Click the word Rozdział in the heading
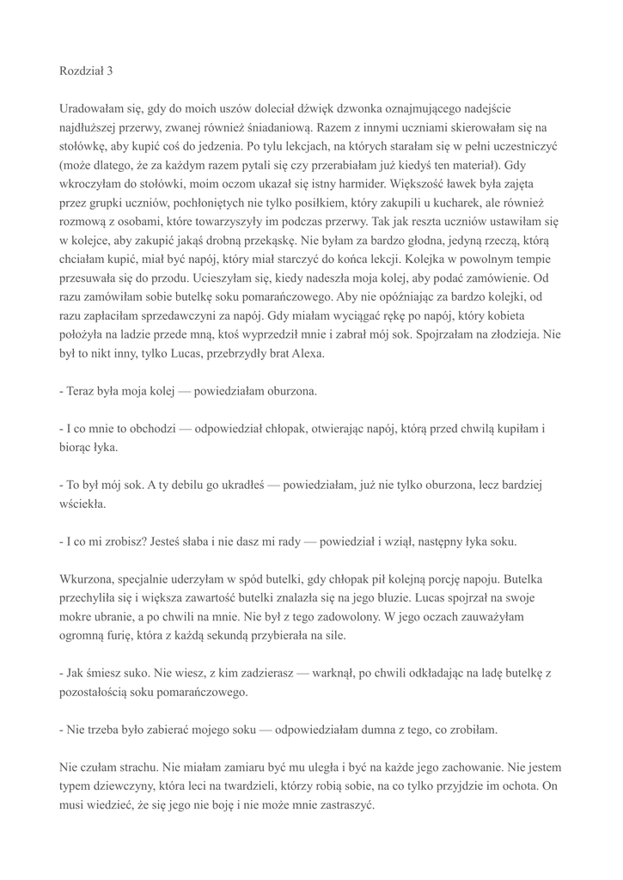pyautogui.click(x=82, y=71)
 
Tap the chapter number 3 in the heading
pyautogui.click(x=110, y=71)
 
